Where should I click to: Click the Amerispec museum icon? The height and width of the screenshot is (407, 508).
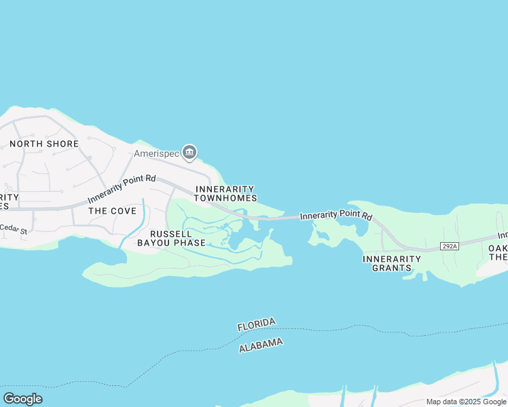(x=190, y=151)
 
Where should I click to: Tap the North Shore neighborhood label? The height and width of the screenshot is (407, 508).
(x=44, y=144)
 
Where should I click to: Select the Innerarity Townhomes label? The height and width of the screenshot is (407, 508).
(x=225, y=193)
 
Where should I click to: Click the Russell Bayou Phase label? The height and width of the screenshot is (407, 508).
(x=171, y=237)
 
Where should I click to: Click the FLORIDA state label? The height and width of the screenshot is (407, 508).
(x=257, y=324)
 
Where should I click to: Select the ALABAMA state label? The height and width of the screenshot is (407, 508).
(x=261, y=345)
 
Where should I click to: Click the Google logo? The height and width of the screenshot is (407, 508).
(x=22, y=399)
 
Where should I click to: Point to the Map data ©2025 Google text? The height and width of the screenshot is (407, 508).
(x=466, y=402)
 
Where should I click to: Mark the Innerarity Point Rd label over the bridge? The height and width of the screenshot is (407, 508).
(x=335, y=216)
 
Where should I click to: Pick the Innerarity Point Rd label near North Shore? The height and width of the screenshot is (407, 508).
(x=122, y=189)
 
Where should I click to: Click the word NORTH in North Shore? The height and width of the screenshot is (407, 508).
(x=25, y=144)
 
